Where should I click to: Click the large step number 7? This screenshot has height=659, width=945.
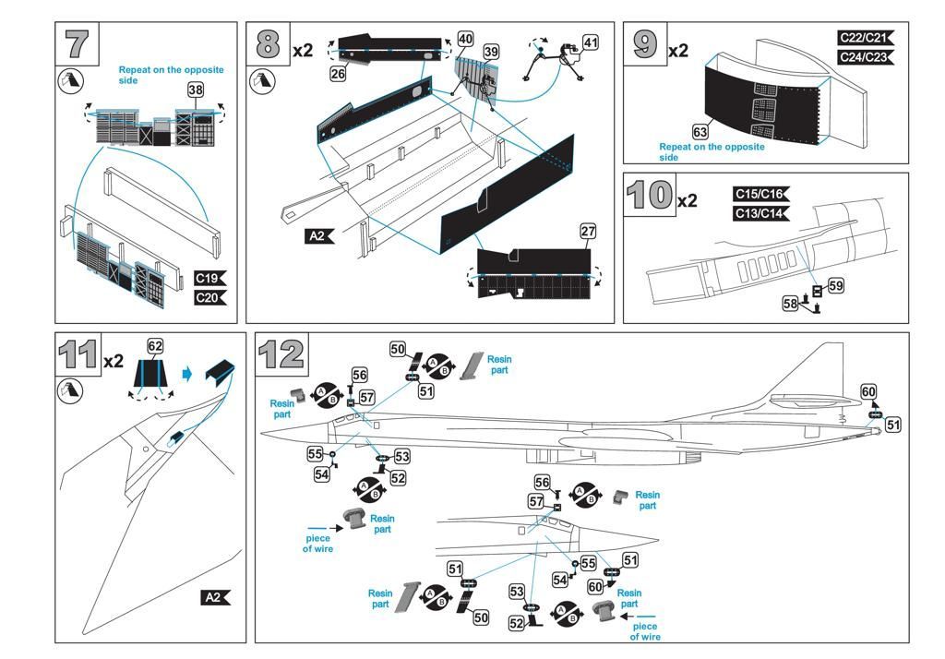(x=78, y=44)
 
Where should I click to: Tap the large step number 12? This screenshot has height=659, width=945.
(x=281, y=354)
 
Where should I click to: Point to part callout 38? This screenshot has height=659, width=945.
(x=196, y=90)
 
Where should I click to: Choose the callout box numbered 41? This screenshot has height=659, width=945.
(x=591, y=42)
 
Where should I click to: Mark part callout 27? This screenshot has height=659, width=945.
(x=589, y=231)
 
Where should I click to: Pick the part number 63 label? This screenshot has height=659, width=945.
(x=700, y=133)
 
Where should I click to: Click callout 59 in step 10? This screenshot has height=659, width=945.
(x=835, y=286)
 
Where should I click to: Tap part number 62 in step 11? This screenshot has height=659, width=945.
(x=155, y=346)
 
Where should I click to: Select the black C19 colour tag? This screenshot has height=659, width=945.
(x=209, y=278)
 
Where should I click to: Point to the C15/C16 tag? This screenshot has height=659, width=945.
(x=760, y=194)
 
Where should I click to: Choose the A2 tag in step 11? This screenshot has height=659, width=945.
(x=215, y=597)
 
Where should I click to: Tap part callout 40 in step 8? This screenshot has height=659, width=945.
(x=466, y=39)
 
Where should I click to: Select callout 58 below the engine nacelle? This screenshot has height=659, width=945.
(x=790, y=303)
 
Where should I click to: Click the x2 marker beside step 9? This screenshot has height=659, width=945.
(x=678, y=50)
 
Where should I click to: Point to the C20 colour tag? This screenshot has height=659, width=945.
(x=209, y=297)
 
